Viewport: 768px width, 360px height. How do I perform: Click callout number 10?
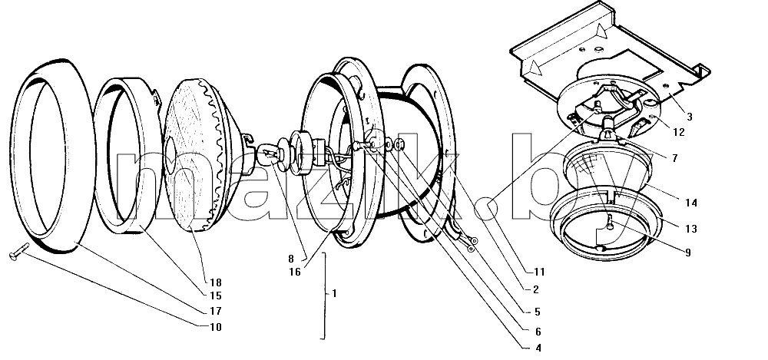(x=216, y=327)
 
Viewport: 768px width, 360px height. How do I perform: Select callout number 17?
(x=216, y=311)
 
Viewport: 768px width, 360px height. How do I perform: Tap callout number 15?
(x=216, y=296)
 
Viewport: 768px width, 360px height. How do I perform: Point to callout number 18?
(x=216, y=282)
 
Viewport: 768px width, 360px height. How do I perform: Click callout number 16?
(x=294, y=272)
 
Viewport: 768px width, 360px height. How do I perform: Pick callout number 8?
(x=291, y=259)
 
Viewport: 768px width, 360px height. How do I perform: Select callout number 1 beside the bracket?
(x=334, y=293)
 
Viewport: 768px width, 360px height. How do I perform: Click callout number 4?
(x=538, y=348)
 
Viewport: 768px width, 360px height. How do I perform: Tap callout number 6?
(x=538, y=332)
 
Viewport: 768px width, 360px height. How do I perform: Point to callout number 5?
(x=538, y=312)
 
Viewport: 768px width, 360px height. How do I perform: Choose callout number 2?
(x=536, y=290)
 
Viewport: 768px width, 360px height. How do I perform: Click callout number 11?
(x=539, y=272)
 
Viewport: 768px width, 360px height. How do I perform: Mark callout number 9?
(x=687, y=253)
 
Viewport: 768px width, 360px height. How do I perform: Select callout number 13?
(x=691, y=229)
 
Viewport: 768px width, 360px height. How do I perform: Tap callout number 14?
(x=691, y=203)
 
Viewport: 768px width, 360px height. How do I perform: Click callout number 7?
(x=674, y=159)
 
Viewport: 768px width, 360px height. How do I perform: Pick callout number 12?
(x=679, y=132)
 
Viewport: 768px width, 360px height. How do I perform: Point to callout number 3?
(x=689, y=117)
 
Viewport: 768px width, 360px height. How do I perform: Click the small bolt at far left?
(x=19, y=251)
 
